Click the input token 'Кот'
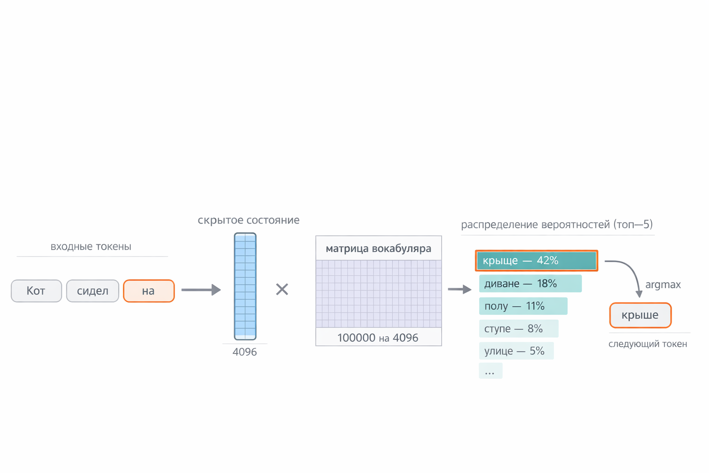[36, 291]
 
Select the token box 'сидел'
[93, 291]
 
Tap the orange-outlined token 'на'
[149, 291]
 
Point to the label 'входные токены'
[91, 247]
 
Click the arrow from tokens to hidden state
[201, 290]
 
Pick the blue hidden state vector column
[245, 286]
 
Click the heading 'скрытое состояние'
[248, 220]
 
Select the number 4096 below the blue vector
[245, 352]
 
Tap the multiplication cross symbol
[282, 289]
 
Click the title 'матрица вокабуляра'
[379, 249]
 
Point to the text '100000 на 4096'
[378, 338]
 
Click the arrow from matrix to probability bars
[460, 289]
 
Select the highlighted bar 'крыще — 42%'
[536, 261]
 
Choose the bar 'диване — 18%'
[530, 284]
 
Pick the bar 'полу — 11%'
[523, 306]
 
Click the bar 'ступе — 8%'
[519, 328]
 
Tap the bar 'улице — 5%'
[517, 351]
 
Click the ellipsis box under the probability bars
[491, 370]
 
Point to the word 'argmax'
[663, 285]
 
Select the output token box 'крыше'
[640, 315]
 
